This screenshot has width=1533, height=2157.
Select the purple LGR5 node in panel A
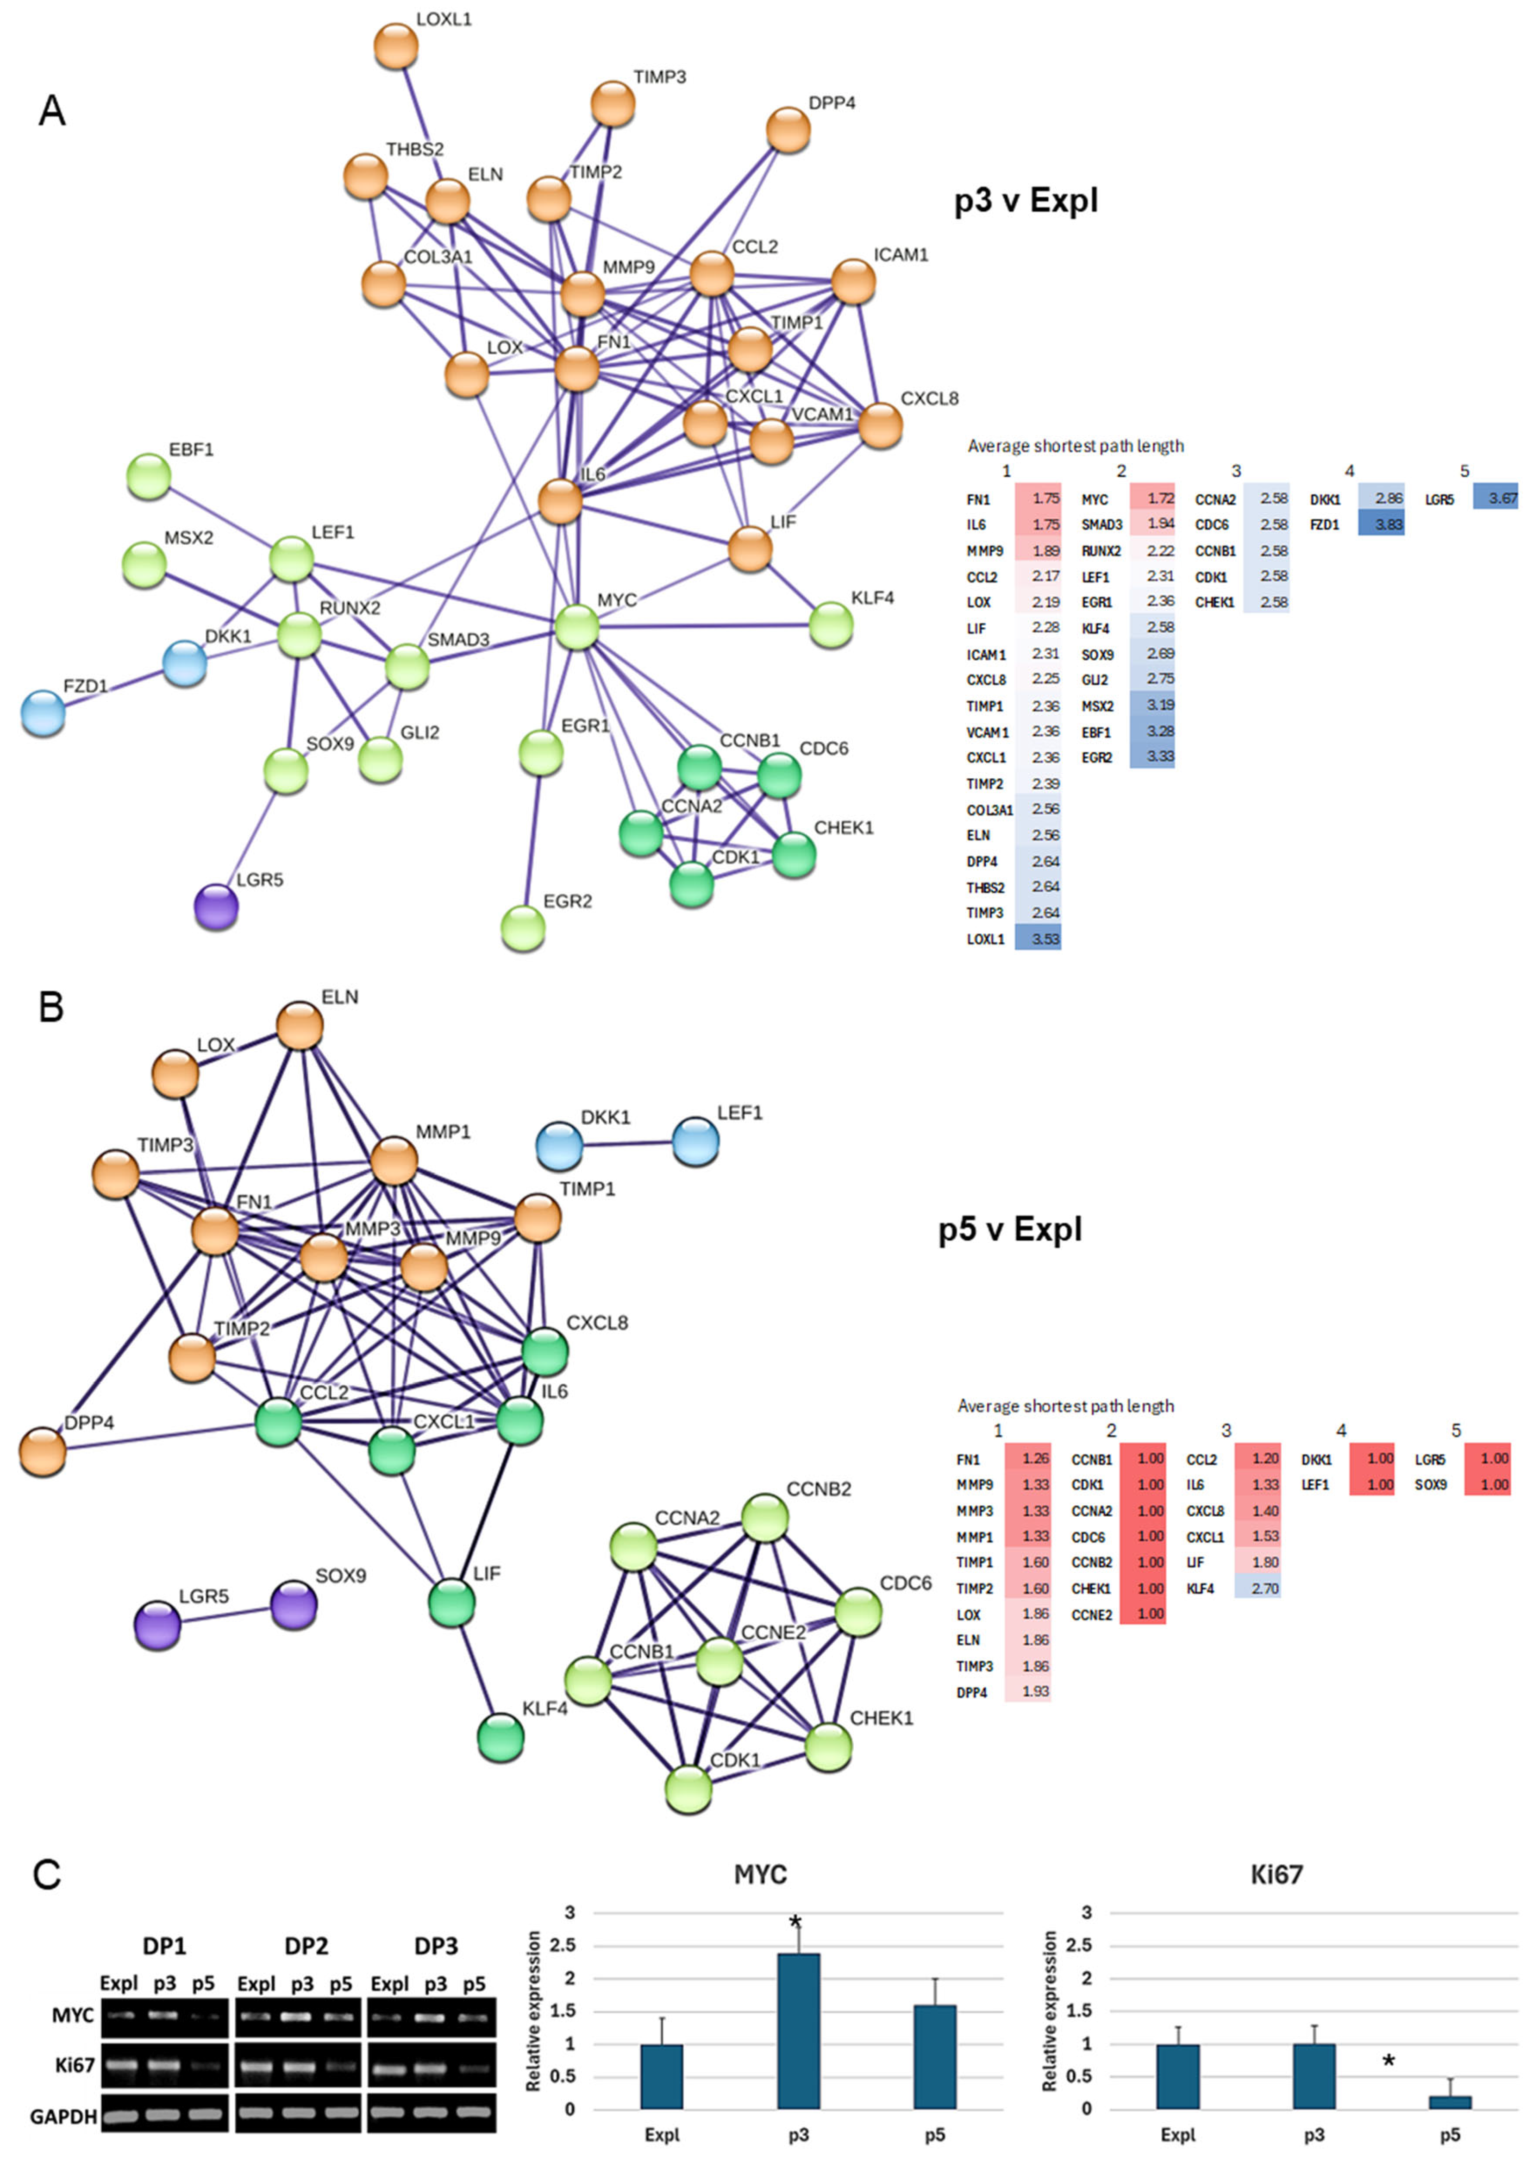pos(216,906)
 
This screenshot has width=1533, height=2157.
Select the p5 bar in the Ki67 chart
pos(1450,2102)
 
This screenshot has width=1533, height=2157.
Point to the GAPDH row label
pos(63,2116)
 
